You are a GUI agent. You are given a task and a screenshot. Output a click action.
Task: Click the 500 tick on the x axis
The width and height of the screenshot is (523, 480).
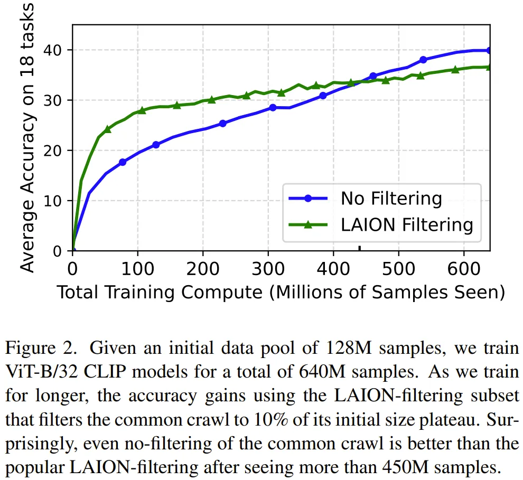click(399, 251)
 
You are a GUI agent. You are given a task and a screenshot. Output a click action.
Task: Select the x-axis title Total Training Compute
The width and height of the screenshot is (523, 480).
click(280, 291)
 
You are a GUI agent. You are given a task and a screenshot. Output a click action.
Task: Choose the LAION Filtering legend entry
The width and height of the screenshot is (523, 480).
click(407, 224)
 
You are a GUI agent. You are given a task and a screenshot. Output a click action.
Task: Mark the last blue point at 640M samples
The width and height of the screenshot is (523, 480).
click(489, 50)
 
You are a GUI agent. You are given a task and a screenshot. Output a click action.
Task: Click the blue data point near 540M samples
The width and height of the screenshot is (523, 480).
click(423, 60)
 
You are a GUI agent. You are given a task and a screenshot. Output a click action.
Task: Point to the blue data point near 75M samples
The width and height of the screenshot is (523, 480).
click(123, 162)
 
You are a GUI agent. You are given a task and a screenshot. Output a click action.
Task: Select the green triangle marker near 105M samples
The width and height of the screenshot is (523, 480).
click(142, 110)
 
